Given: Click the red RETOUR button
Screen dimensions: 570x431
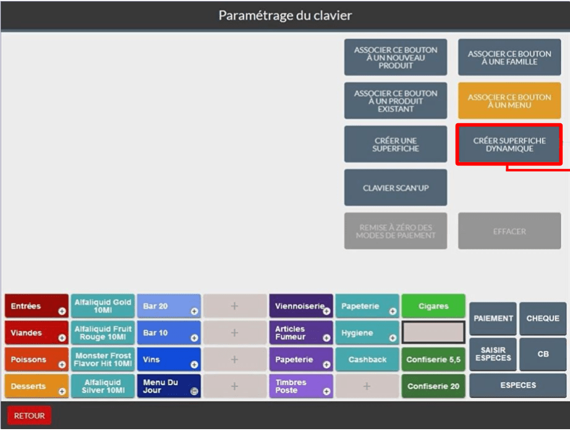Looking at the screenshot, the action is [x=29, y=416].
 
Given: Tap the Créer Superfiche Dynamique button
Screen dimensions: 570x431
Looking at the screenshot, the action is [x=509, y=144].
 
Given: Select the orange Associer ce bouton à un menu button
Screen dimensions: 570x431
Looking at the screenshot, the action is [x=509, y=101].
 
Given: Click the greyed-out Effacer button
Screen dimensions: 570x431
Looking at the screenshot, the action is [x=509, y=231].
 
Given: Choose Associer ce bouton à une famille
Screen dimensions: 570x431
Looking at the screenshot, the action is [x=509, y=58].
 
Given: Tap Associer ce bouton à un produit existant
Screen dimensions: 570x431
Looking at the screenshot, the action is [x=396, y=101].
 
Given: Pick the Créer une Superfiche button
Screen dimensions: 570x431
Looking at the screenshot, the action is [x=396, y=144].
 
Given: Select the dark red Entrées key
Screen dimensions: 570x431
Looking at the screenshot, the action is [x=36, y=306].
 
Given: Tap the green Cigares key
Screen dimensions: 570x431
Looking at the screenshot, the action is [x=433, y=306].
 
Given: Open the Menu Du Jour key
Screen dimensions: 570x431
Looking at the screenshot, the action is [x=169, y=386].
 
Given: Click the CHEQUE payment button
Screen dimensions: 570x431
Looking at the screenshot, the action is [x=543, y=318].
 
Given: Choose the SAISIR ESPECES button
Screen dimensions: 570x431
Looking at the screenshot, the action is [x=493, y=354].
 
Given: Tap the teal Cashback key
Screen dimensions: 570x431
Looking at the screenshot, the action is [x=367, y=360].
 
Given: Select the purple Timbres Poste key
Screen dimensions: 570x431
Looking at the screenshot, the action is [x=301, y=386].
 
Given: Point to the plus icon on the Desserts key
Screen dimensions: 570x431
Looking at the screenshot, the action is [x=62, y=391].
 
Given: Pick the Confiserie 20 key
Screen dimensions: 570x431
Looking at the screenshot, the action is [x=433, y=386].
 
